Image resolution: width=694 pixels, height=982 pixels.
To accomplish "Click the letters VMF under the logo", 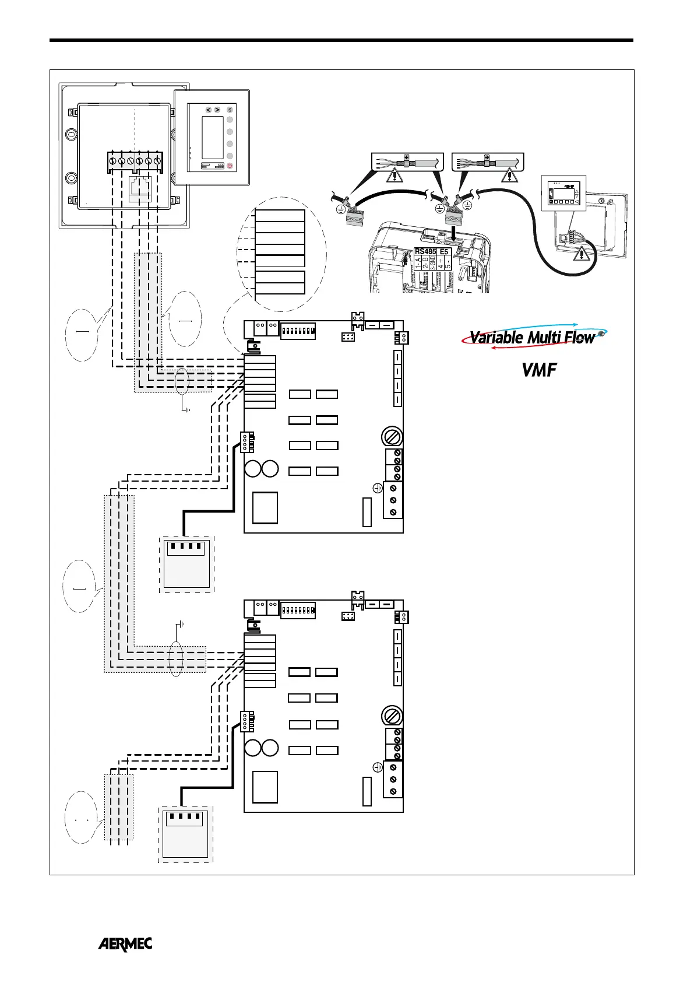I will click(x=539, y=370).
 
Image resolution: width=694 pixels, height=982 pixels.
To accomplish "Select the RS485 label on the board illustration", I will click(x=425, y=252).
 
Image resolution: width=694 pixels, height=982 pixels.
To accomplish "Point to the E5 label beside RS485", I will click(x=444, y=252).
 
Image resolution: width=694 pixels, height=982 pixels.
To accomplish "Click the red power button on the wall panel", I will click(x=230, y=166).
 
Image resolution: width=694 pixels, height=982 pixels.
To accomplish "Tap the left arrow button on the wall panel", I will click(x=208, y=110).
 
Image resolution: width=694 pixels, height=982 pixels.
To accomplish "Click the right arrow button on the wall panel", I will click(x=217, y=110).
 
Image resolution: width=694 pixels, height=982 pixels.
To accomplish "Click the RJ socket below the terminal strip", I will click(x=140, y=188).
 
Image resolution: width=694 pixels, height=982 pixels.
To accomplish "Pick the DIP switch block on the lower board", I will click(x=298, y=611).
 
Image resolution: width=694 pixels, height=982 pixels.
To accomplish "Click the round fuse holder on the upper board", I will click(x=390, y=436).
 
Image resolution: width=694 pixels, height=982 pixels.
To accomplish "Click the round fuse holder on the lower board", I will click(x=390, y=715).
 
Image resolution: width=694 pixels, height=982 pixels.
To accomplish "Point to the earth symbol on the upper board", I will click(x=377, y=488).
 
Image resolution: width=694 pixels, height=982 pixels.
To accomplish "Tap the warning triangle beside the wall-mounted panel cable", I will click(x=582, y=254).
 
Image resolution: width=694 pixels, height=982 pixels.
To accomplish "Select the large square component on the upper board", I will click(x=265, y=508).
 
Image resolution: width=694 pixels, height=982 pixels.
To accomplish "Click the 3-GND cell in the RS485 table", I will click(x=433, y=262).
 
